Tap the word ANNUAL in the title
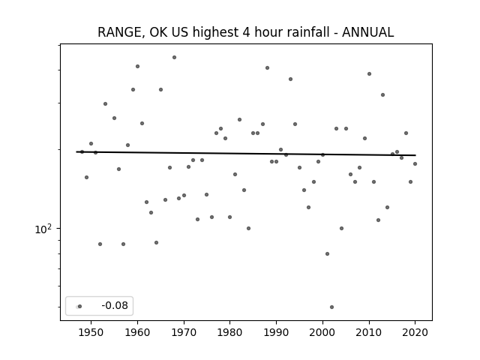[x=367, y=32]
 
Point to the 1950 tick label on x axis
[x=91, y=332]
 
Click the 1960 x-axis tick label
[x=137, y=332]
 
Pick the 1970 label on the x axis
[x=184, y=332]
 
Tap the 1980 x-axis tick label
[x=229, y=332]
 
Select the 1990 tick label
[x=276, y=332]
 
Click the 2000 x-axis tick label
[x=322, y=332]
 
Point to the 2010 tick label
[x=369, y=332]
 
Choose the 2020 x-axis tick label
[x=415, y=332]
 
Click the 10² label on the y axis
[x=43, y=229]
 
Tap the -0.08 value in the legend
[x=115, y=305]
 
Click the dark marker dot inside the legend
[x=80, y=306]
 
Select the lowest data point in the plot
[x=331, y=307]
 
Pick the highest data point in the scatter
[x=174, y=57]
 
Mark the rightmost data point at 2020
[x=415, y=163]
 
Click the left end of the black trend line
[x=76, y=151]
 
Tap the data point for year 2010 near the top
[x=369, y=73]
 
